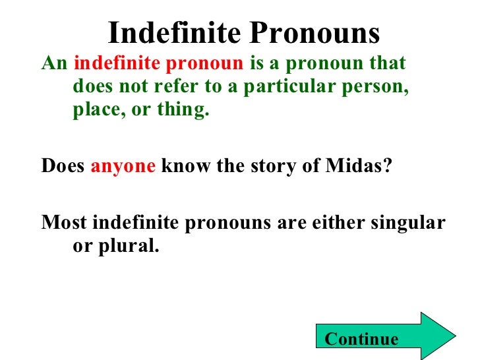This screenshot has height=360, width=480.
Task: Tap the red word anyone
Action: (123, 166)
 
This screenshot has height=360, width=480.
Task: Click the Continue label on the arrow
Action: (362, 339)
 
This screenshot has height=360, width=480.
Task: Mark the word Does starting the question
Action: (63, 165)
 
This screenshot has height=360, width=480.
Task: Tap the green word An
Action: (54, 65)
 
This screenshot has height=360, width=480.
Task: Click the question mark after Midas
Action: (387, 165)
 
